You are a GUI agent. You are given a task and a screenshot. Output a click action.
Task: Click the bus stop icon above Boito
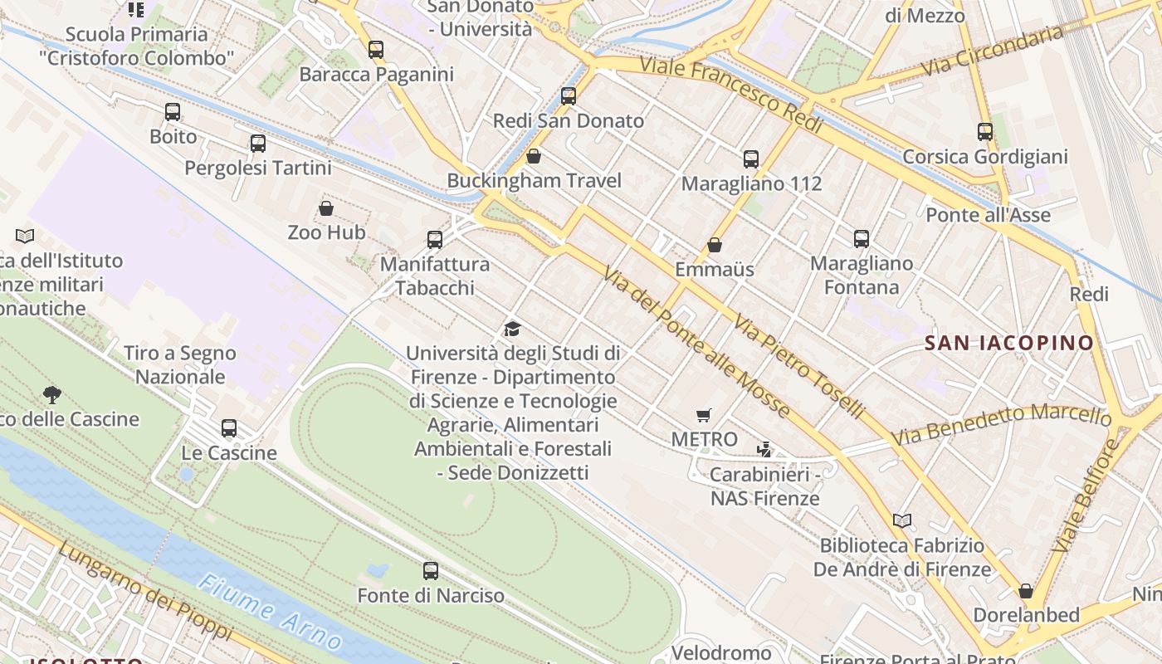coord(173,112)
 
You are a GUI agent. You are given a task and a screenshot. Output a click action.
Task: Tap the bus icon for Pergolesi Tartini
coord(258,144)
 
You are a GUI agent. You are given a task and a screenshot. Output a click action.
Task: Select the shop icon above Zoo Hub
coord(326,208)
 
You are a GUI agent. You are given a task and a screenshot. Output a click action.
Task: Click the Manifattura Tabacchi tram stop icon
coord(434,240)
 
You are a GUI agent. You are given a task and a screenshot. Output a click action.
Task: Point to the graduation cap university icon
coord(512,330)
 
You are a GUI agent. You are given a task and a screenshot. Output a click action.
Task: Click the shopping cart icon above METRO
coord(704,415)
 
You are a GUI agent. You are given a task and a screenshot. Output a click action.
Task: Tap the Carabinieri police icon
coord(764,450)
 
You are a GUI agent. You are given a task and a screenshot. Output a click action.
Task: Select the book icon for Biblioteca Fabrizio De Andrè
coord(902,521)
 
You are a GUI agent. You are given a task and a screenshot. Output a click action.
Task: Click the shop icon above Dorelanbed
coord(1026,591)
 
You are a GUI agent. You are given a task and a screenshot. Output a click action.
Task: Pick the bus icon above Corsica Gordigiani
coord(984,132)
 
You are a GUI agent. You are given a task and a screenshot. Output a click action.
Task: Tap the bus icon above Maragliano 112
coord(751,159)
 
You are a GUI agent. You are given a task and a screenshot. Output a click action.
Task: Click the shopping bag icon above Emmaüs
coord(714,246)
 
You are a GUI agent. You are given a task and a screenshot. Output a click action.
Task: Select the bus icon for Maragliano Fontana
coord(862,239)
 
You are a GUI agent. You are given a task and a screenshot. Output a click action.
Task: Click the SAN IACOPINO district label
coord(1009,343)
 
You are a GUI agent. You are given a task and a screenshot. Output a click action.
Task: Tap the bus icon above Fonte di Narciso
coord(430,571)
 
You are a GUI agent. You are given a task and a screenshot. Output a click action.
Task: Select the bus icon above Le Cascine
coord(229,428)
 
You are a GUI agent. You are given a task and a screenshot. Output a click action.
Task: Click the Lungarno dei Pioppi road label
coord(145,590)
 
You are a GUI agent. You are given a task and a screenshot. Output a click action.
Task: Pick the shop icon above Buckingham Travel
coord(534,156)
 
